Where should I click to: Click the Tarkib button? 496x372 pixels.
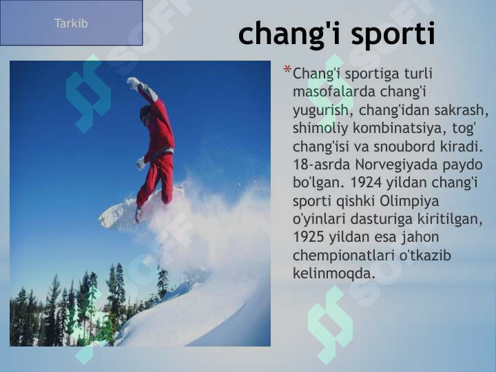[71, 23]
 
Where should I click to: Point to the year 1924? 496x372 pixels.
[369, 184]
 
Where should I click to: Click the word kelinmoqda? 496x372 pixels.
[334, 273]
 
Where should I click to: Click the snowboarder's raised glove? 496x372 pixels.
[132, 82]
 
